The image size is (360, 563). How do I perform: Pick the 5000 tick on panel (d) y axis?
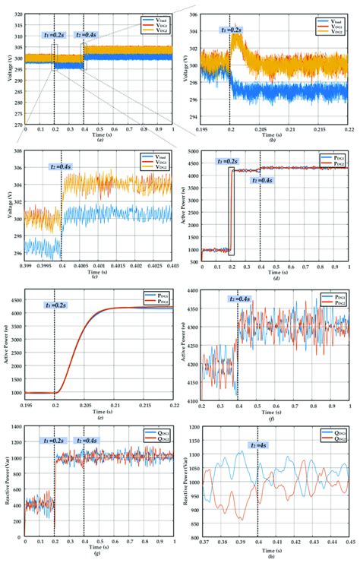click(194, 153)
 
